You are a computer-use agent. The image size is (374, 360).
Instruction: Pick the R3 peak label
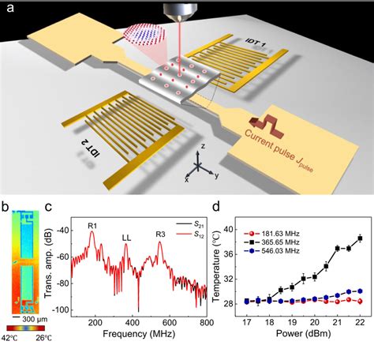(159, 227)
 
